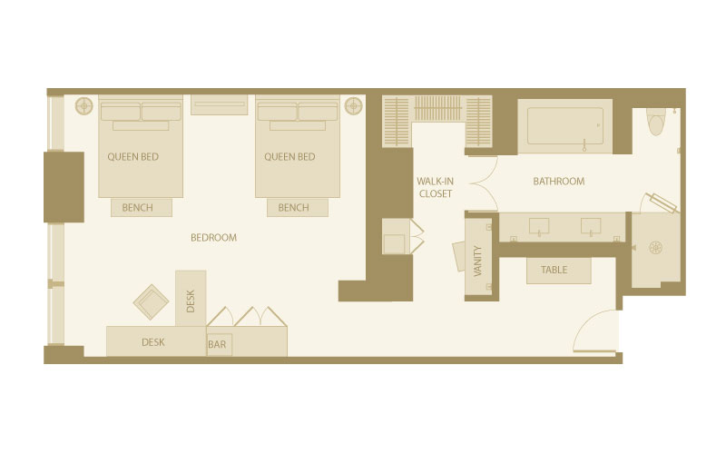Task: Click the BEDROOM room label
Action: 213,238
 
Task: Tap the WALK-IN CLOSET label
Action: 436,187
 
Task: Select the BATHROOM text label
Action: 558,181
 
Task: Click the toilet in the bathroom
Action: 655,121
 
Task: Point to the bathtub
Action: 564,126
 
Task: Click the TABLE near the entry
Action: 559,270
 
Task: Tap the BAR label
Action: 217,344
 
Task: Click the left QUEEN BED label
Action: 132,156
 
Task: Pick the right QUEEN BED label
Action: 289,156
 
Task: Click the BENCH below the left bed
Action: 142,208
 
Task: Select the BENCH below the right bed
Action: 298,208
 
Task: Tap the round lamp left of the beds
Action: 84,105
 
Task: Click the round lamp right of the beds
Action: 353,105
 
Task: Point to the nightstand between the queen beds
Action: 219,104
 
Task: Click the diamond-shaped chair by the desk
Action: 151,302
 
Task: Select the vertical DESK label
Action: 191,301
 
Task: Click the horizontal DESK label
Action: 152,342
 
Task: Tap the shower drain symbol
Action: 655,248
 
